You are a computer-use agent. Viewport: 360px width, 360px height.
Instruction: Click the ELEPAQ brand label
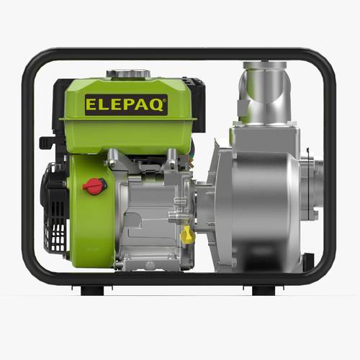coord(126,105)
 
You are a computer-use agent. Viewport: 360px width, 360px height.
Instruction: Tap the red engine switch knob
coord(94,186)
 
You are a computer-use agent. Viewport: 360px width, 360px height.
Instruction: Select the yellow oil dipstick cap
coord(186,235)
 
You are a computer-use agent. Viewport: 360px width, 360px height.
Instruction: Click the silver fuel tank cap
coord(128,73)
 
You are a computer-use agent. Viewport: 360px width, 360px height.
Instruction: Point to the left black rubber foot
coord(92,290)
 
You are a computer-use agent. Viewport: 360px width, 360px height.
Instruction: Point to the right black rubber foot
coord(264,290)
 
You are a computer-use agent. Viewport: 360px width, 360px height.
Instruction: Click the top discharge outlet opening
coord(265,65)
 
